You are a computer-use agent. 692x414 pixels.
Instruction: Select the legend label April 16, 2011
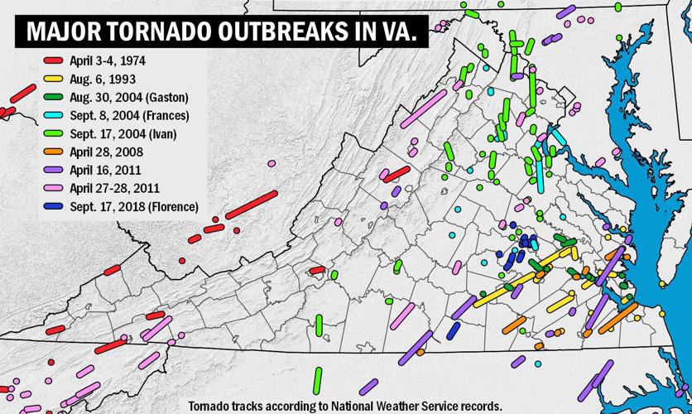(107, 170)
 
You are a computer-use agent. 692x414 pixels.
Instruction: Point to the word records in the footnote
(479, 406)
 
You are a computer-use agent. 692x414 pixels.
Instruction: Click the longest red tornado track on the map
(250, 203)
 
